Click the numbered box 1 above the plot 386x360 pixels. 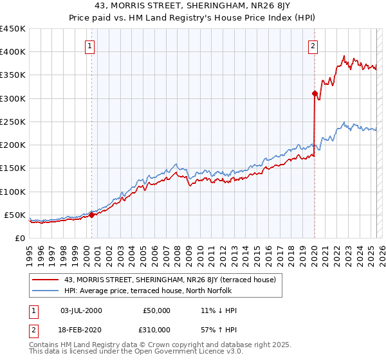pyautogui.click(x=89, y=46)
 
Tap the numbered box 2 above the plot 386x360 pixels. pyautogui.click(x=313, y=46)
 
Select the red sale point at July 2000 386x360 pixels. pyautogui.click(x=91, y=215)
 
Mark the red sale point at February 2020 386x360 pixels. pyautogui.click(x=315, y=94)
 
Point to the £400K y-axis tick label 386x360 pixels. pyautogui.click(x=12, y=52)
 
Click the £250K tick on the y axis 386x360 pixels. pyautogui.click(x=12, y=122)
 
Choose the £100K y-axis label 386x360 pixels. pyautogui.click(x=12, y=192)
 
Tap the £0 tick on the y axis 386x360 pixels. pyautogui.click(x=19, y=238)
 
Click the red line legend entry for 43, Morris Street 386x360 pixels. pyautogui.click(x=170, y=280)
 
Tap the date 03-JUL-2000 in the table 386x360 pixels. pyautogui.click(x=82, y=310)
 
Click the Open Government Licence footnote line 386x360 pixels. pyautogui.click(x=136, y=352)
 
